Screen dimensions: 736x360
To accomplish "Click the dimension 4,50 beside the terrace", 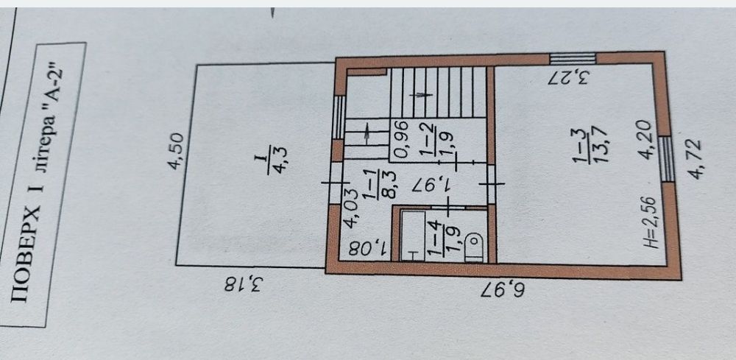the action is [177, 151].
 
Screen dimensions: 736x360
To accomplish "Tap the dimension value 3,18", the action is [242, 283].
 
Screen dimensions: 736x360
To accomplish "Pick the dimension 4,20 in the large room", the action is [645, 139].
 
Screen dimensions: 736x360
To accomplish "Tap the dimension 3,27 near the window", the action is [568, 77].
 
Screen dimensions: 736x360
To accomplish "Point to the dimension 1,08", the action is [369, 249].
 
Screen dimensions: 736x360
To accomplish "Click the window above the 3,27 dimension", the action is [573, 59].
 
